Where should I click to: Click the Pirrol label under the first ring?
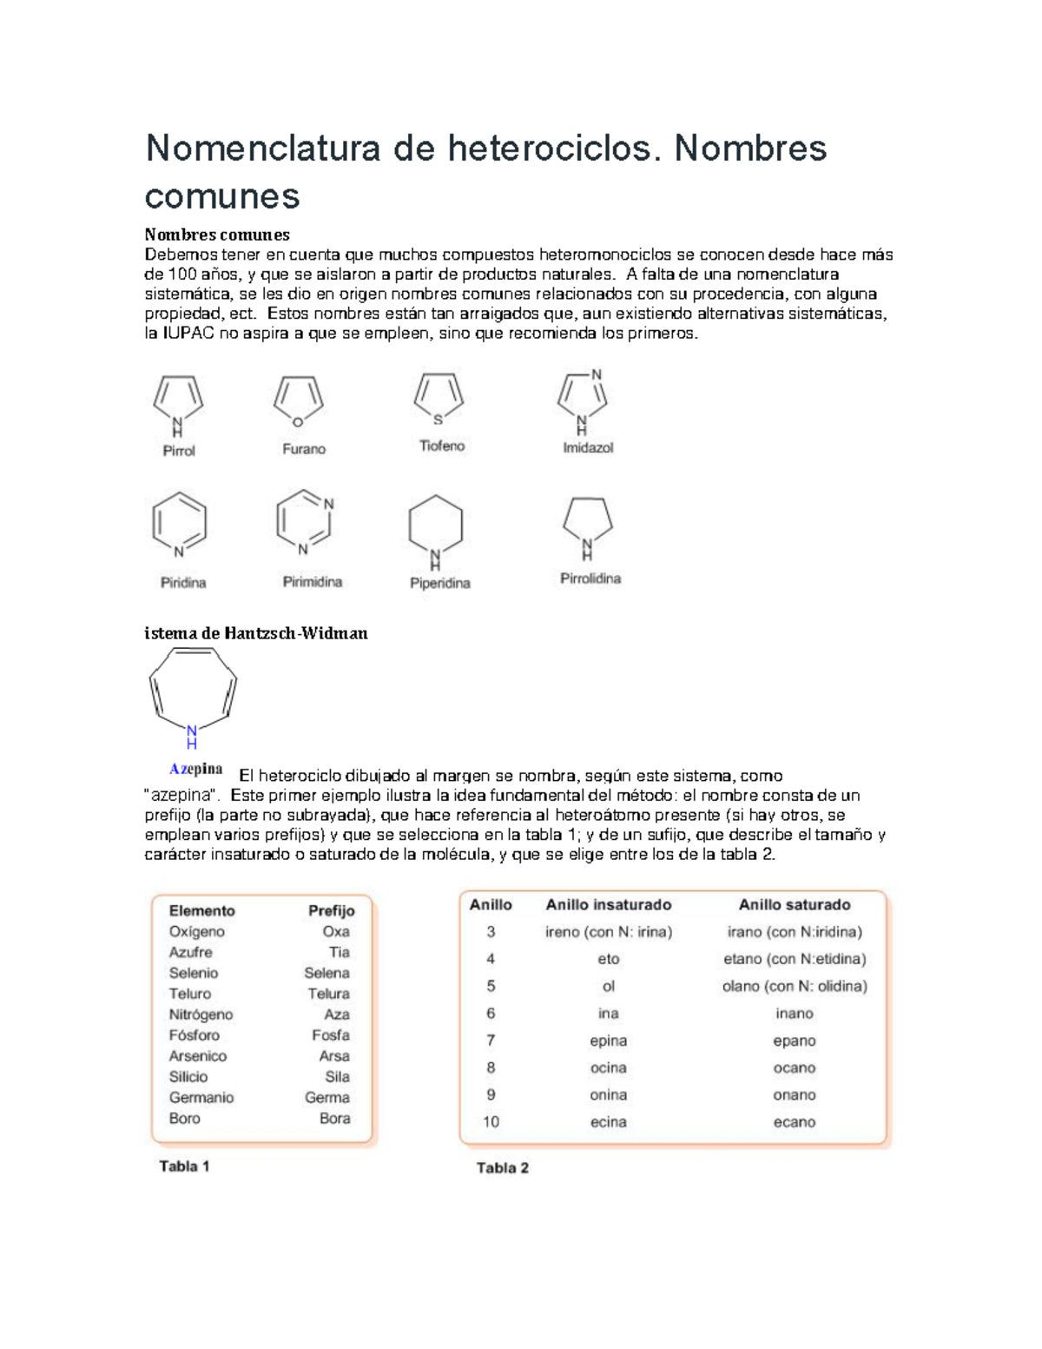click(x=179, y=451)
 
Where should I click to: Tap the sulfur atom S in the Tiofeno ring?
click(x=438, y=420)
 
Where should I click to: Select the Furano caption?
click(x=304, y=449)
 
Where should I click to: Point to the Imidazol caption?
click(x=588, y=448)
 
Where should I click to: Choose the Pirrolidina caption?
click(x=590, y=579)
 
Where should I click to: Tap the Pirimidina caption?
click(x=313, y=582)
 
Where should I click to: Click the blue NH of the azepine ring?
click(x=192, y=737)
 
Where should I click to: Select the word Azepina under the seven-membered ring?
click(x=195, y=769)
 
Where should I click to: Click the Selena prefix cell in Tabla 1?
click(x=326, y=973)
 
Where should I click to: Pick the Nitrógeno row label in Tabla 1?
click(x=201, y=1015)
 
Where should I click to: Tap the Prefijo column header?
click(x=331, y=910)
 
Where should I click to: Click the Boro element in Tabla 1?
click(x=184, y=1119)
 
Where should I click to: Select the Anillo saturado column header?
click(x=794, y=904)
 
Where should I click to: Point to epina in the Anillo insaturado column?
click(x=608, y=1041)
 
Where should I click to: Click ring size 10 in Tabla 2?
click(x=491, y=1122)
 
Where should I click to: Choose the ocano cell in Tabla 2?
click(x=794, y=1068)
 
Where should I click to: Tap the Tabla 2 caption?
click(x=502, y=1168)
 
